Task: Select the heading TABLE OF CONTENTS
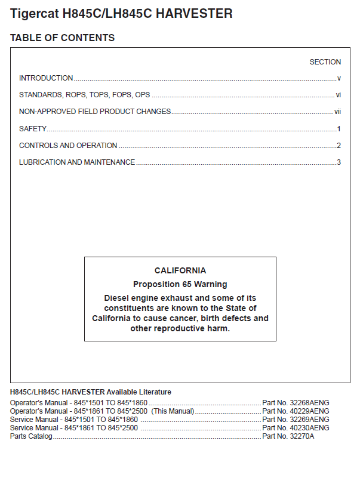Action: point(62,38)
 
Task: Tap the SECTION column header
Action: point(325,62)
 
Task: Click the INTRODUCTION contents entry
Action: point(46,78)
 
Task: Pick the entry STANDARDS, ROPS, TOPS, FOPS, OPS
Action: point(84,95)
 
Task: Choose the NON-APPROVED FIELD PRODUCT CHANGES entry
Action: point(95,112)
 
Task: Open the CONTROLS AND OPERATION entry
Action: point(68,146)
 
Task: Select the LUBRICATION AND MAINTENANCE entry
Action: point(77,162)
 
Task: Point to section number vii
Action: point(337,112)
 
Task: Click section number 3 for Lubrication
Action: point(339,162)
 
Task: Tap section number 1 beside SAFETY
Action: point(339,129)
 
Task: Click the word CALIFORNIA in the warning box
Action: point(180,270)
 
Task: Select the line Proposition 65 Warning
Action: point(180,284)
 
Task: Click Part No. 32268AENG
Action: point(296,403)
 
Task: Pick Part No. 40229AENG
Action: point(296,411)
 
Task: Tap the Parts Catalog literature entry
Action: point(31,436)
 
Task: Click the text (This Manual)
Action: point(173,411)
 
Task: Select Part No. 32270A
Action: point(288,436)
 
